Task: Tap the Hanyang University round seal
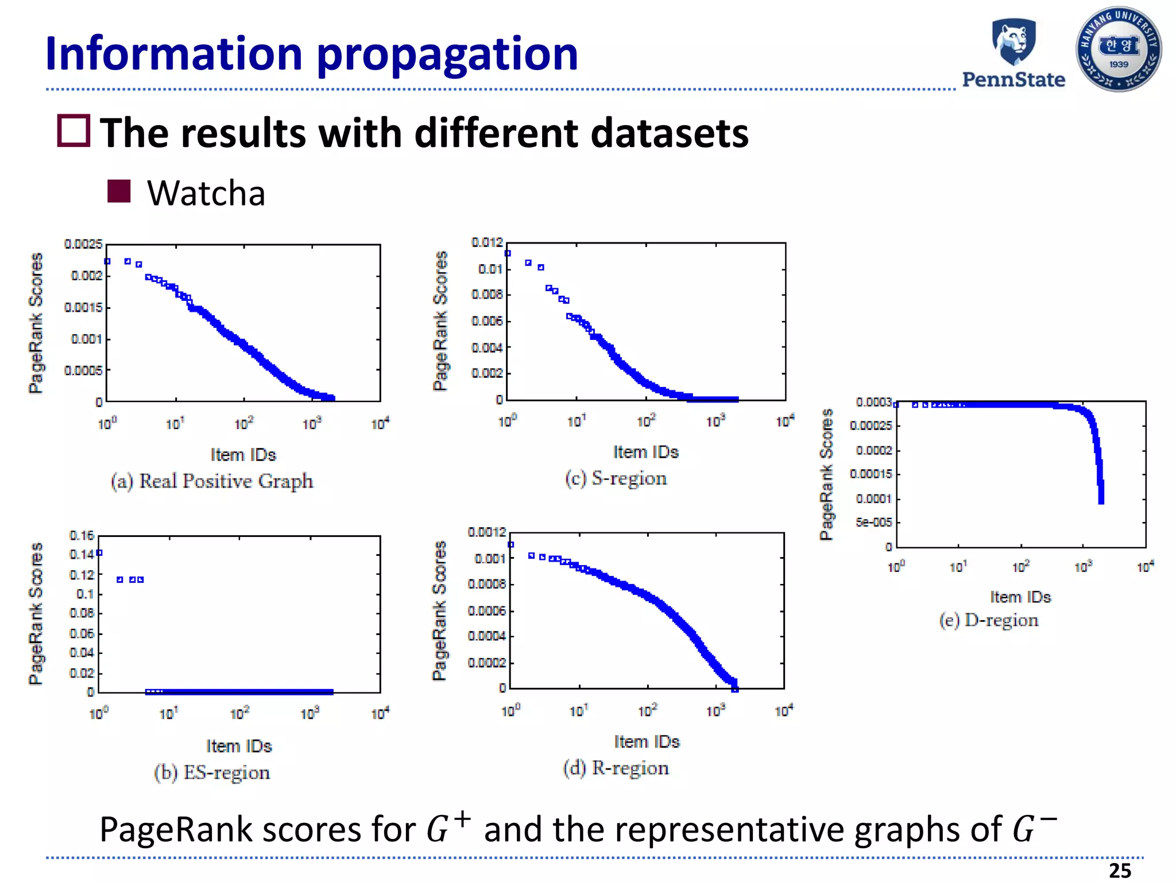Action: coord(1118,49)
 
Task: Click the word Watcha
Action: coord(206,193)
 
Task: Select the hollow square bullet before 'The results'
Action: coord(73,131)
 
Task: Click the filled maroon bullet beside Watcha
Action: coord(119,191)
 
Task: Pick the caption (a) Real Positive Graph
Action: coord(212,481)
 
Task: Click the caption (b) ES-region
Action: coord(212,772)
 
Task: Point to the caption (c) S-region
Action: coord(616,478)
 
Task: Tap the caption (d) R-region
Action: coord(616,768)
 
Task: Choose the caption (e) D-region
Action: coord(989,620)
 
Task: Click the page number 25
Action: coord(1120,871)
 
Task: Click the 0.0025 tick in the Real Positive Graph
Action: coord(83,245)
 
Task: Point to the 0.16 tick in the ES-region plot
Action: coord(82,535)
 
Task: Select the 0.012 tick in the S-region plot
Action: coord(487,242)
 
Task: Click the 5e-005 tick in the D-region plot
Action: coord(874,523)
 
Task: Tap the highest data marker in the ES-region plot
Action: coord(99,553)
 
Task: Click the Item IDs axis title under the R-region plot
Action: coord(647,742)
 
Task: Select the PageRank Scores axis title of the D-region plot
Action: coord(826,474)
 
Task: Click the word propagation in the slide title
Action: coord(447,54)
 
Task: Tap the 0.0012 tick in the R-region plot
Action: coord(487,532)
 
